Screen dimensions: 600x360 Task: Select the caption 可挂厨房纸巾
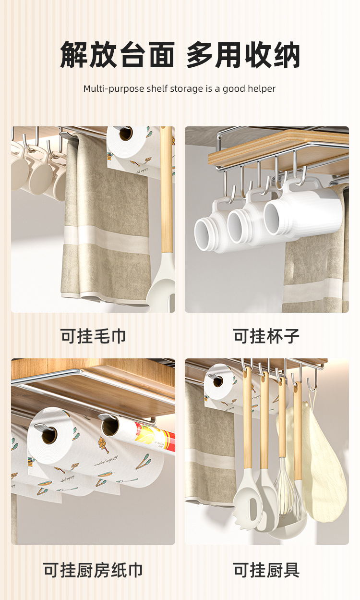click(93, 570)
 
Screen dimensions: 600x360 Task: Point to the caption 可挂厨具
click(266, 570)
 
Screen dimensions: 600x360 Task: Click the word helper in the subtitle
click(262, 89)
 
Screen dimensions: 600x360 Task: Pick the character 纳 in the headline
click(286, 55)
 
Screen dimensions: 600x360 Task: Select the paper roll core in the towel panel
click(126, 134)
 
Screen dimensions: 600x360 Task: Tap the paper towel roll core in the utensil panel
click(217, 381)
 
